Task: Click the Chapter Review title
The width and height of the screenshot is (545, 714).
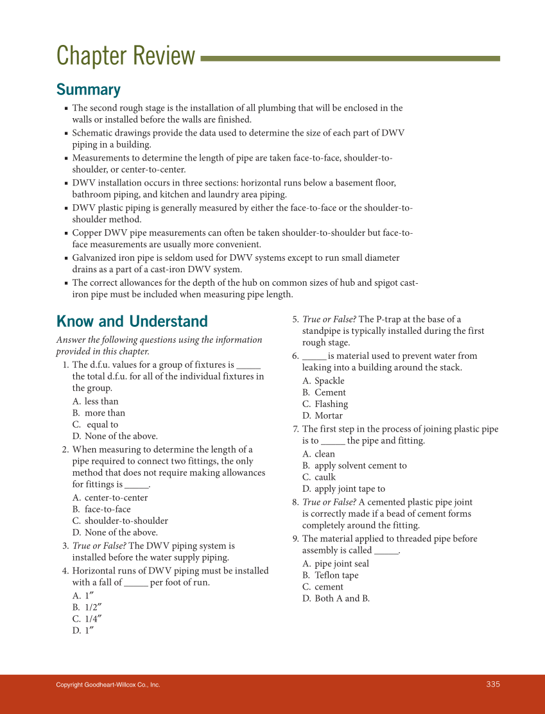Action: pos(126,57)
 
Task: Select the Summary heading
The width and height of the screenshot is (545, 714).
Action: pos(89,89)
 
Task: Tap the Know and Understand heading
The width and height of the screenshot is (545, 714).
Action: pos(132,321)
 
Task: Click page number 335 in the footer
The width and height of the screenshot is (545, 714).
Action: pos(492,684)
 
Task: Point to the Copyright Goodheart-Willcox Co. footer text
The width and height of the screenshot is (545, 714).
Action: pos(108,685)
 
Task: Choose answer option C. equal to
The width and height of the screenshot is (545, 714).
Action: pos(96,424)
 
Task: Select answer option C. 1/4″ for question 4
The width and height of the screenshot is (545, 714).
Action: pos(87,619)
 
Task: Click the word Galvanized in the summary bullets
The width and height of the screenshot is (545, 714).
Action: pos(96,257)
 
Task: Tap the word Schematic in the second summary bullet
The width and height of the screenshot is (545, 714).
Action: pos(94,133)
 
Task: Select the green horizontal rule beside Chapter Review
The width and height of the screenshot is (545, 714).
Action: pos(350,58)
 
